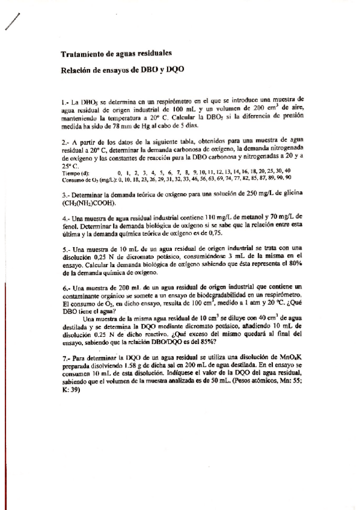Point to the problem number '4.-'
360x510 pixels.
[x=66, y=216]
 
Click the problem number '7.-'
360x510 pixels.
[x=66, y=357]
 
